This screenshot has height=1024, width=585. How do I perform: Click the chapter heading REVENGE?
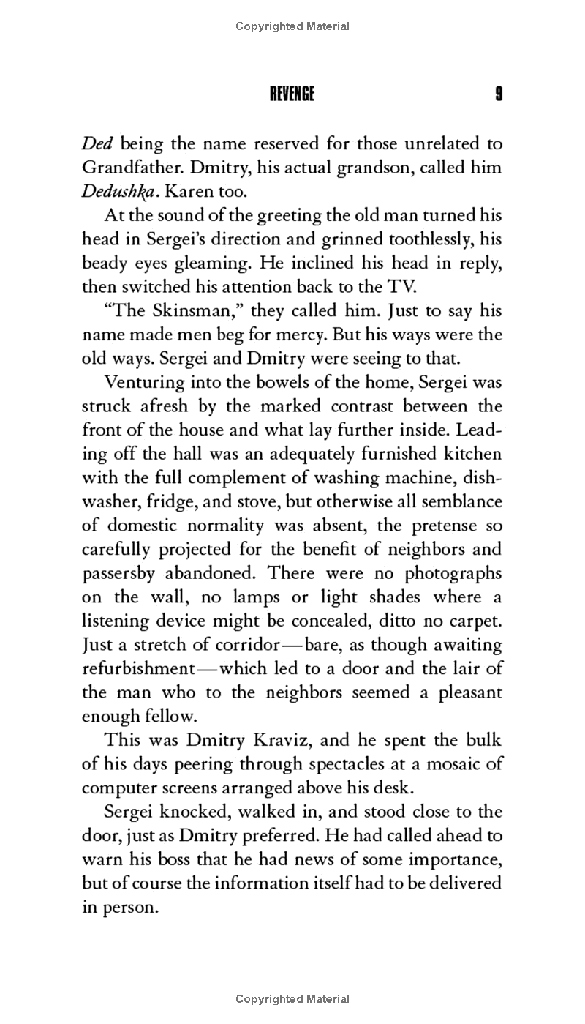[292, 94]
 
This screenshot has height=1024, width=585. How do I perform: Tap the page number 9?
[498, 94]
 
